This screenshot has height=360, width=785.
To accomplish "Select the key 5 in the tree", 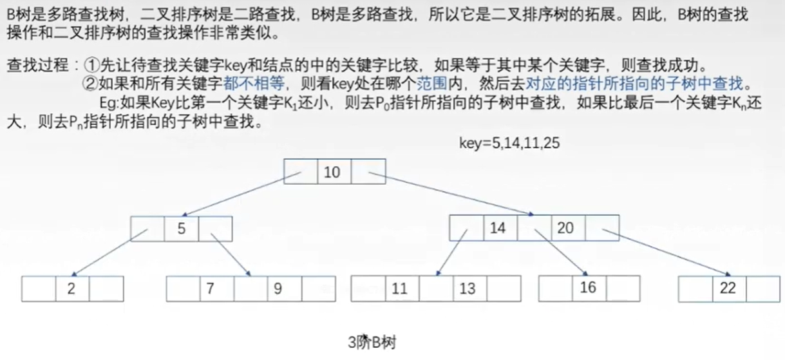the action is [182, 229].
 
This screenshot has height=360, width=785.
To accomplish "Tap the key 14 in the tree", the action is [498, 228].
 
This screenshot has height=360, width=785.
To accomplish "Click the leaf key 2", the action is [71, 289].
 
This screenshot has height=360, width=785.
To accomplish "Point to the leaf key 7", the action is [210, 289].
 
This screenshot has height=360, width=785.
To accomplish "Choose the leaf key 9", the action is [278, 289].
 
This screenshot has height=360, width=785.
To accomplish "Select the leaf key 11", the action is [400, 289].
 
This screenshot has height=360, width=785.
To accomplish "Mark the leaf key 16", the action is [588, 288].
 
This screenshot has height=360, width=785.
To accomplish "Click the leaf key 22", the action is [728, 289].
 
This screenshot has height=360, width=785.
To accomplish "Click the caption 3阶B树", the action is [372, 342].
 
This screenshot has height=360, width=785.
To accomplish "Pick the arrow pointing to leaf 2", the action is [107, 254].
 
